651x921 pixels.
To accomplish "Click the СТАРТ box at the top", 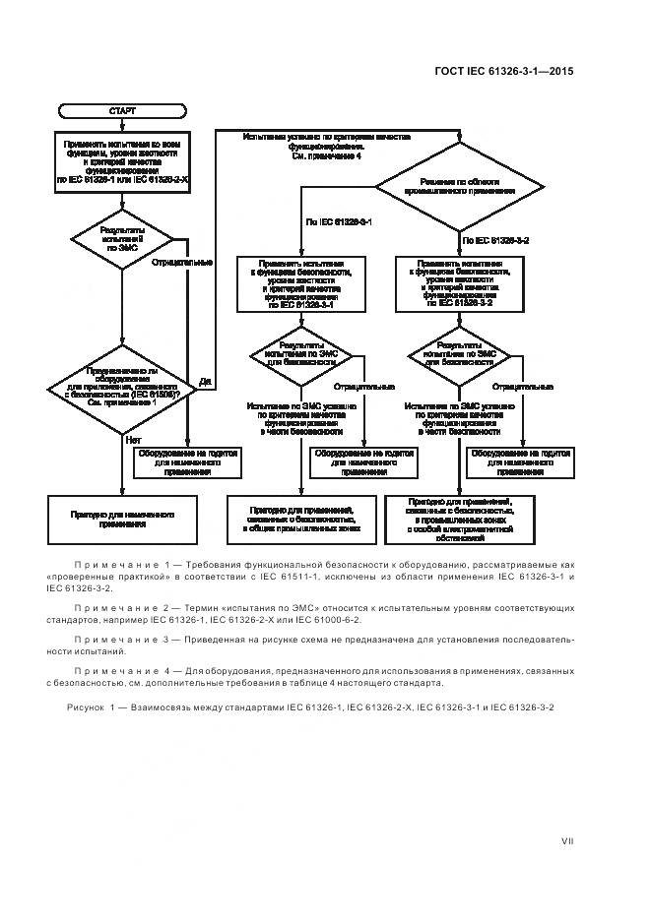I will click(122, 111).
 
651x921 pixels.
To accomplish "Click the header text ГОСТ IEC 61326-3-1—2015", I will click(503, 71).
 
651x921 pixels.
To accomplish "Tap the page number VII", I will click(567, 841).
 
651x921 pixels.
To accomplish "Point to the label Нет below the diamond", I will click(133, 440).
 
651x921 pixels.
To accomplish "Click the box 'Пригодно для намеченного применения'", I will click(123, 519).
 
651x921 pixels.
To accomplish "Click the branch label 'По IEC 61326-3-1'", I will click(339, 224).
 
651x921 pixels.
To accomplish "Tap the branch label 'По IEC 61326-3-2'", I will click(496, 240).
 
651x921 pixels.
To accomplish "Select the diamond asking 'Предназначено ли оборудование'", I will click(122, 388).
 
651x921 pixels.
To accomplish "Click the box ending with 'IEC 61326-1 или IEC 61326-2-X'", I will click(122, 162).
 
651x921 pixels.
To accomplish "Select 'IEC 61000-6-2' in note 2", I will click(328, 620).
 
